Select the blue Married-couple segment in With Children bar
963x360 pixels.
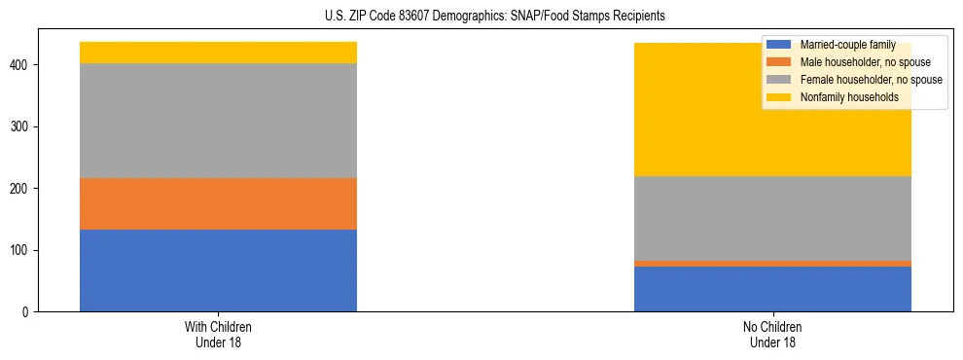(218, 270)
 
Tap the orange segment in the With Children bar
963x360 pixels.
(218, 204)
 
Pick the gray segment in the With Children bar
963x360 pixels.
(218, 121)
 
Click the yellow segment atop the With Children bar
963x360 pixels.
(218, 53)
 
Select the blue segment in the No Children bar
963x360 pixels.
(772, 289)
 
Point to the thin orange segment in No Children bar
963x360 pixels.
(772, 264)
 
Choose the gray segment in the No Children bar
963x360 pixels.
(772, 218)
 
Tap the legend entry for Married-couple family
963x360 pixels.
(846, 45)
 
